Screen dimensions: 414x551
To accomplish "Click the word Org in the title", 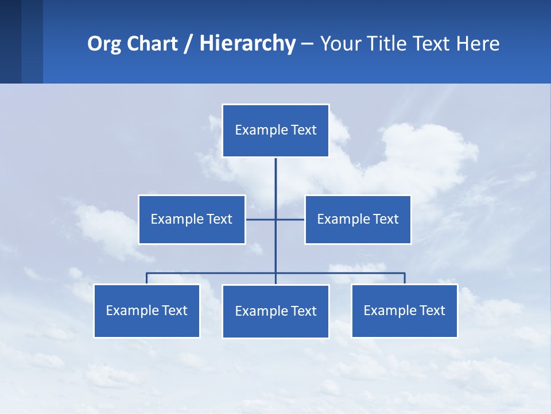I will click(104, 44).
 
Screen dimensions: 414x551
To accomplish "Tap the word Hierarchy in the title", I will click(247, 44).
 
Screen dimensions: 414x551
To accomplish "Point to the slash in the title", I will click(188, 44).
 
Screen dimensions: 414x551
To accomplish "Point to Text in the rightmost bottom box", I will click(432, 310).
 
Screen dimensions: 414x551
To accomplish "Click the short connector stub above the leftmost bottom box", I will click(146, 278).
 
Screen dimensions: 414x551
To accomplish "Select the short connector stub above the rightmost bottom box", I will click(405, 278).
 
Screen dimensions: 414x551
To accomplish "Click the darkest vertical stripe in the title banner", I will click(10, 41).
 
